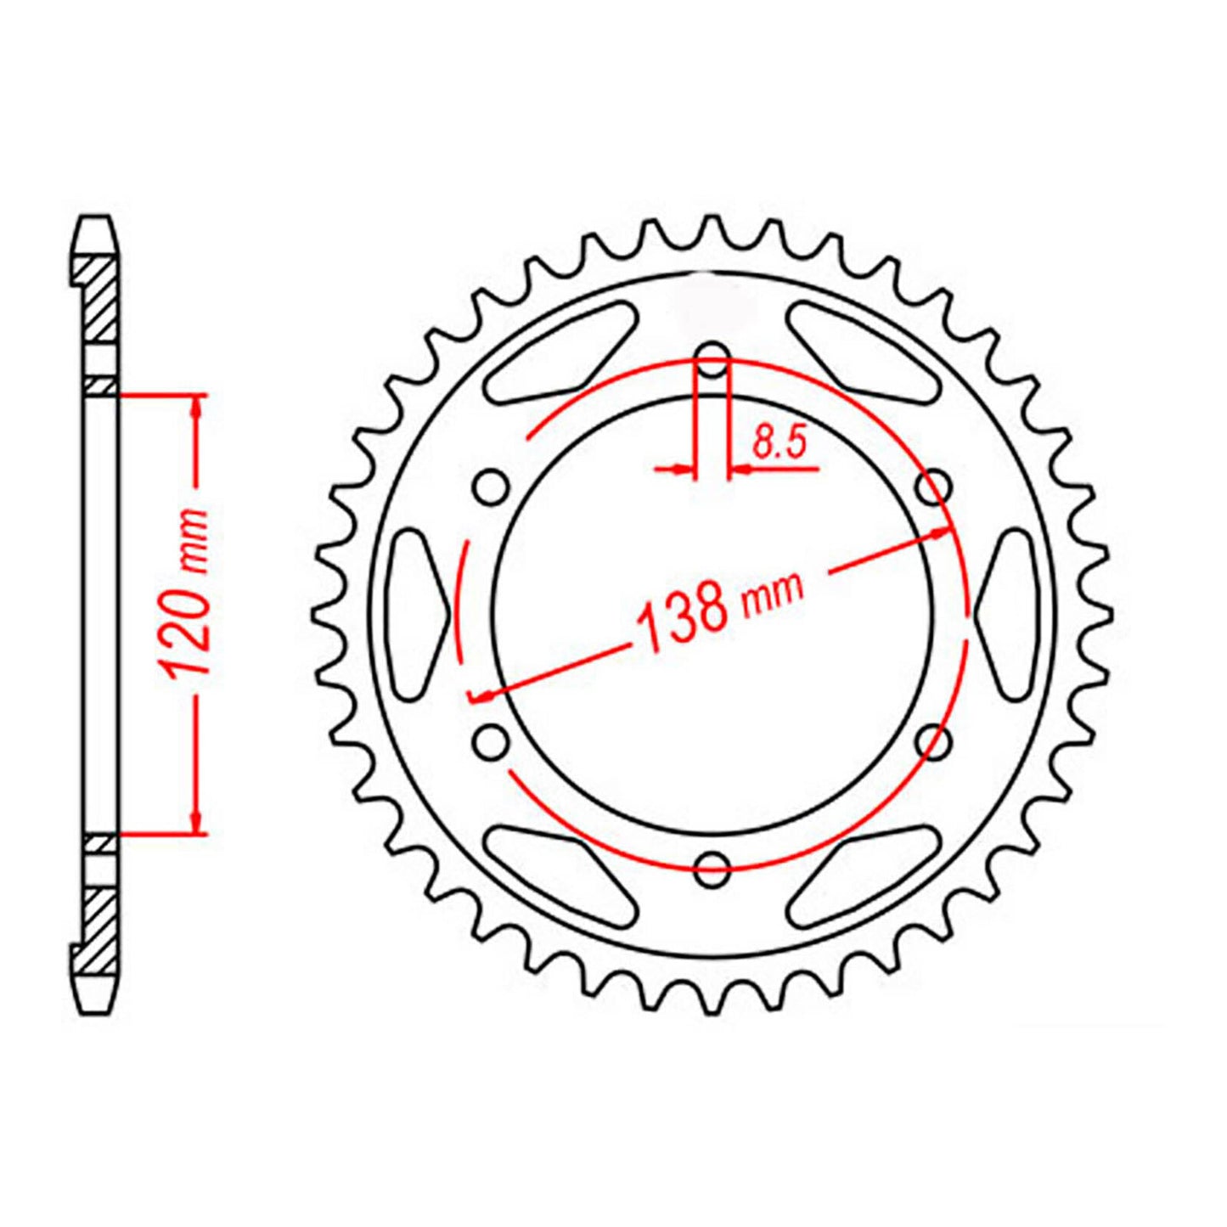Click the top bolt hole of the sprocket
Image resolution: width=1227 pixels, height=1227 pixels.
point(712,356)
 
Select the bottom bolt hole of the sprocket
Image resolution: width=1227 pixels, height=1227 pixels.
point(712,867)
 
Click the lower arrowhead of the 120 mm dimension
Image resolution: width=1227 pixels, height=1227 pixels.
point(198,822)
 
